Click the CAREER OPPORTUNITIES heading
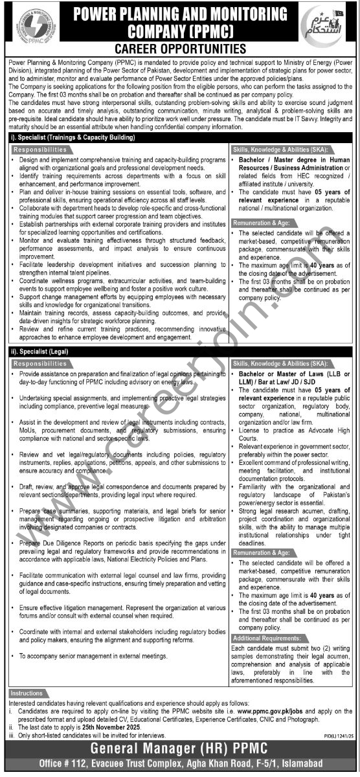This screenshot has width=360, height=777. click(180, 49)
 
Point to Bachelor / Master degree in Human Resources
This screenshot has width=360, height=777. click(293, 162)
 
